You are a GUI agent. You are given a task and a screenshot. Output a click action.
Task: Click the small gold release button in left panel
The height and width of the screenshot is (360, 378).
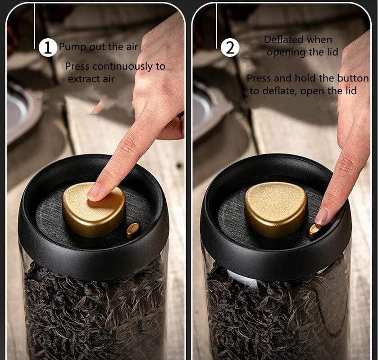pos(133,230)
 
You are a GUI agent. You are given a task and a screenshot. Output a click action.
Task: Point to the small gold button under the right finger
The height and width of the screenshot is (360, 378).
pos(314,230)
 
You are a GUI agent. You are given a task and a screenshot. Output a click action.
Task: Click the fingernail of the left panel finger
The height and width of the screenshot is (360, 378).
pos(94,192)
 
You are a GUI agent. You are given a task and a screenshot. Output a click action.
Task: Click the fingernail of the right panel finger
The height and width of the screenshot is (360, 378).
pos(322,217)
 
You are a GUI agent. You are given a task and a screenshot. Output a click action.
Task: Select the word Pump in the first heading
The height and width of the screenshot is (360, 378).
pos(69,46)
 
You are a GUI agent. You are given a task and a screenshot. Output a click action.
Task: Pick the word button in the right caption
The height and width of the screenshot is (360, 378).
pos(353,78)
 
